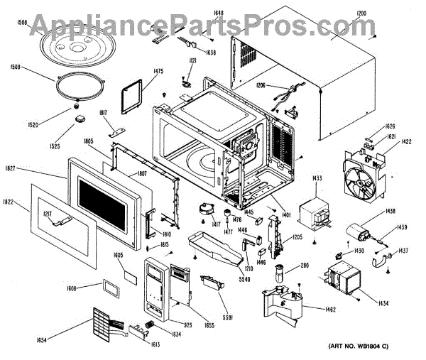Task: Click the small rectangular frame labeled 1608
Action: coord(111,287)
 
